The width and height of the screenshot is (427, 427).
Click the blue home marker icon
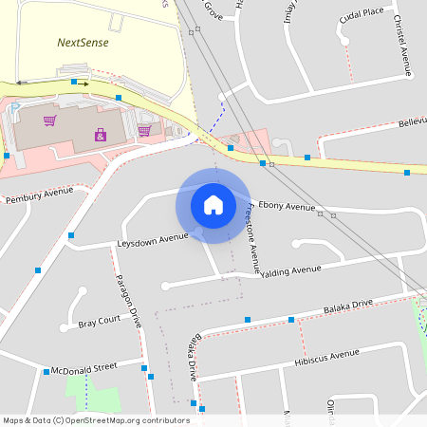[213, 204]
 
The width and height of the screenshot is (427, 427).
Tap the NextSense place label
[83, 42]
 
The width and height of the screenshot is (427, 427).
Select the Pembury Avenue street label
[39, 195]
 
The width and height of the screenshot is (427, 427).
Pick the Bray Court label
[99, 322]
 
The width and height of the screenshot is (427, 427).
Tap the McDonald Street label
[84, 365]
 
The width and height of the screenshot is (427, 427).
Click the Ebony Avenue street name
[287, 206]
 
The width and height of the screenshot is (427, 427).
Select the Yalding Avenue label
[291, 270]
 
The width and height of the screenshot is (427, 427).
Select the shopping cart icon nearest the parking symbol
[49, 121]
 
